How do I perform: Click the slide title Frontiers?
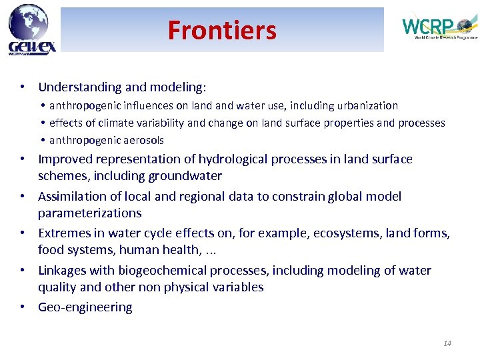(x=221, y=31)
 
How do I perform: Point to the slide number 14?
(x=447, y=343)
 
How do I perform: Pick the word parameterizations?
(x=90, y=213)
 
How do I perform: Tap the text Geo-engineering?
(x=85, y=307)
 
